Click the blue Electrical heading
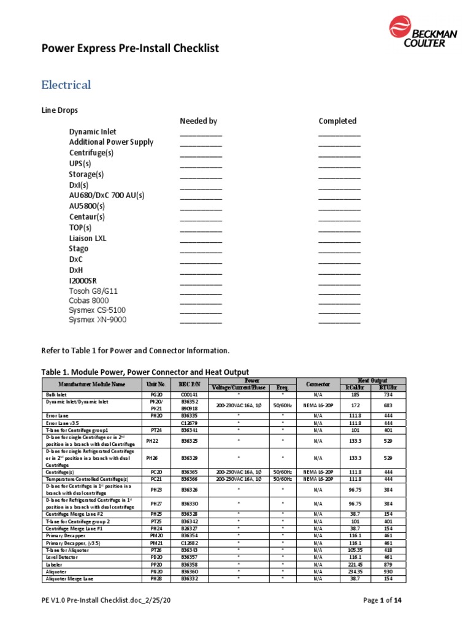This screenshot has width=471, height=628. pyautogui.click(x=66, y=85)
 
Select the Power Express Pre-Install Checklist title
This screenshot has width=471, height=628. pyautogui.click(x=129, y=48)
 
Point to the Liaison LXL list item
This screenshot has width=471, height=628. pyautogui.click(x=87, y=238)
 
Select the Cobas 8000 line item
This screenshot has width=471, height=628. pyautogui.click(x=88, y=301)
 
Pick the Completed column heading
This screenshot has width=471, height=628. pyautogui.click(x=337, y=121)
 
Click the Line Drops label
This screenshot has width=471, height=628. pyautogui.click(x=59, y=110)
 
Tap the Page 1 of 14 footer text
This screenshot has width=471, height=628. pyautogui.click(x=383, y=600)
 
